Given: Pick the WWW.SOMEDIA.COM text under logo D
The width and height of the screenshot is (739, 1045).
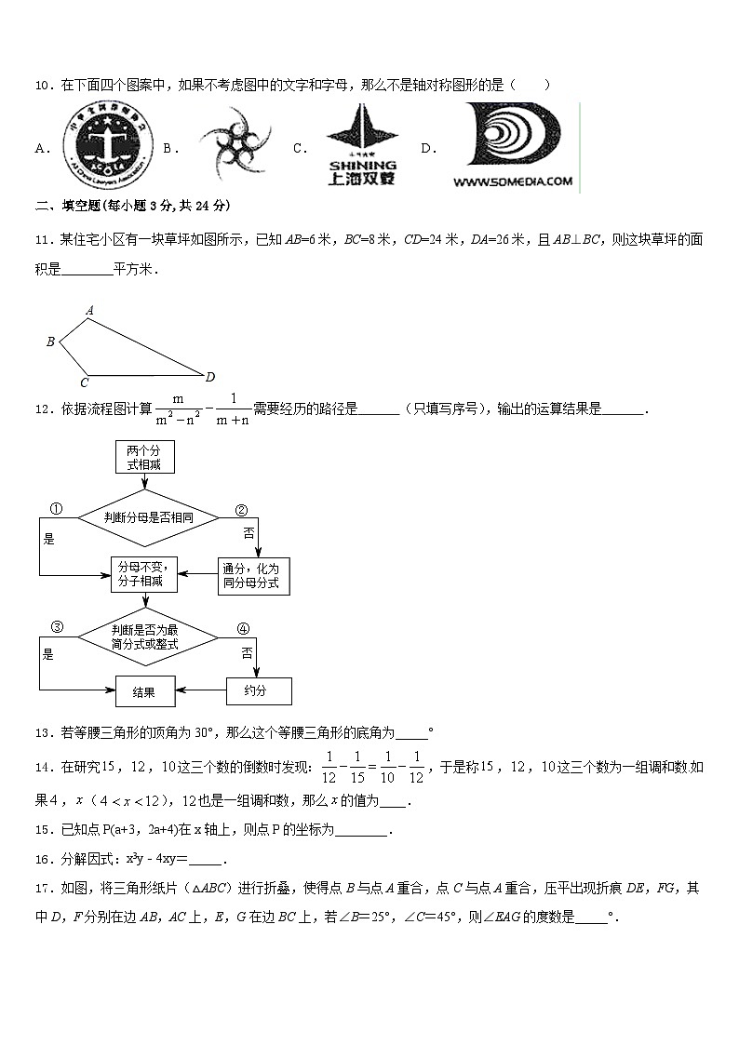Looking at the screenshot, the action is [513, 182].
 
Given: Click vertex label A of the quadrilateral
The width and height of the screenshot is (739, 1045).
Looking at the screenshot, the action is [89, 310].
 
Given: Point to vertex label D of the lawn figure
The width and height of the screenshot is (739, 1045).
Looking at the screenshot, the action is [210, 377].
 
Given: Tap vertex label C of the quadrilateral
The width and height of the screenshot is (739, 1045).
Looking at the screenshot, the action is [84, 382].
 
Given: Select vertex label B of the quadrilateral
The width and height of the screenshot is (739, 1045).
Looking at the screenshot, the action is [51, 342].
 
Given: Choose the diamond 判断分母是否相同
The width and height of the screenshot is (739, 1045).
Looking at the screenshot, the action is [149, 516].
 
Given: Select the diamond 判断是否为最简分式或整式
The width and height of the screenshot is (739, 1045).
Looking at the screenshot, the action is [149, 637].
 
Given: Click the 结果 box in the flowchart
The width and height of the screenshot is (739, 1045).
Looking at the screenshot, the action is [143, 691].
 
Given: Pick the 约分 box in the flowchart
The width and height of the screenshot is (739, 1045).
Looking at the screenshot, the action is [258, 691].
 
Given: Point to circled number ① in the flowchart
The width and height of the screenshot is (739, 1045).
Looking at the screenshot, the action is [55, 510].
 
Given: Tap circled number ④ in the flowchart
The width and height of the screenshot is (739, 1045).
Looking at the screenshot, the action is [243, 628].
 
